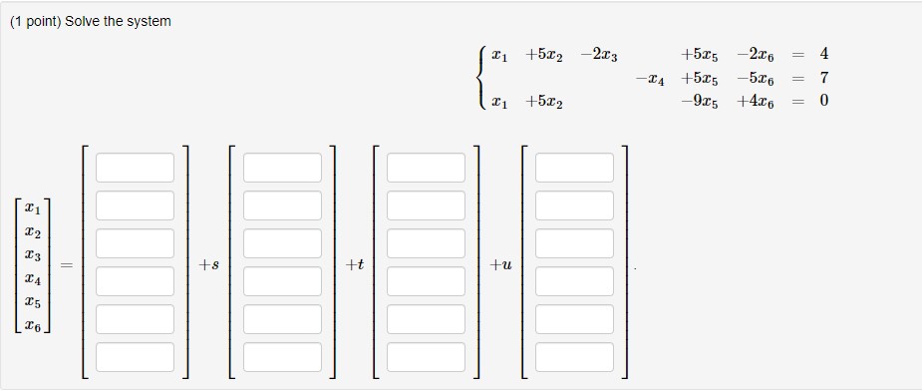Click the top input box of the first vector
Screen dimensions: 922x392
tap(136, 168)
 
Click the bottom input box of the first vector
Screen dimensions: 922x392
tap(136, 357)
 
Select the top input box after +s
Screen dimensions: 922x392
tap(282, 168)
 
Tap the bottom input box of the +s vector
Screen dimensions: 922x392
tap(282, 357)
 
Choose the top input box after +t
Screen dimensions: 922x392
tap(427, 168)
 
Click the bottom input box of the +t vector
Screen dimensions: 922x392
tap(427, 357)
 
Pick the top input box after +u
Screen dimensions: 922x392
tap(574, 168)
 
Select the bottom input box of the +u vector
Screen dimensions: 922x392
tap(574, 357)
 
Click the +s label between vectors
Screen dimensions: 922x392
tap(209, 264)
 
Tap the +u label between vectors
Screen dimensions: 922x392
tap(501, 264)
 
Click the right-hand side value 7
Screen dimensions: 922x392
tap(823, 77)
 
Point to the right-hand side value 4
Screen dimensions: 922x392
tap(823, 54)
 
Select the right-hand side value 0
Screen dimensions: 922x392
tap(823, 101)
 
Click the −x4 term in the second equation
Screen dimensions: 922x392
tap(648, 78)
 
